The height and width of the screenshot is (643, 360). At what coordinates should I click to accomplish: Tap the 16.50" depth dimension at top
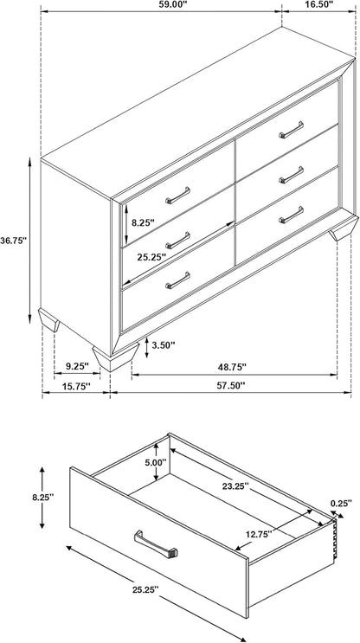point(319,4)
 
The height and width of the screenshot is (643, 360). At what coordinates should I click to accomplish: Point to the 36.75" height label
point(14,241)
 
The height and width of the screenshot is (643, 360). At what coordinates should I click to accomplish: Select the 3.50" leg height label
point(164,345)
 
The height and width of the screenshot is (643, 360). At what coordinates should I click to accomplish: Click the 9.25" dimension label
point(77,366)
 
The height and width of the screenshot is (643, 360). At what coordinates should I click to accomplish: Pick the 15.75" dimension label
point(77,386)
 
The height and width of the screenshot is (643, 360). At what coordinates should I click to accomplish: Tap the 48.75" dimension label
point(232,367)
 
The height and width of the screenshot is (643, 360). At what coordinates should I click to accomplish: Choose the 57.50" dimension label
point(232,386)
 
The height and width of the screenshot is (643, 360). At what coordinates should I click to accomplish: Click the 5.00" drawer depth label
point(155,462)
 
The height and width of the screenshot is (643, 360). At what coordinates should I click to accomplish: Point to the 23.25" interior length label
point(235,486)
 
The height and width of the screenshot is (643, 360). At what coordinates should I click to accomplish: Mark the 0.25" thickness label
point(341,504)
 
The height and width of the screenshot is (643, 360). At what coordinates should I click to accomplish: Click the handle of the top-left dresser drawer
point(178,196)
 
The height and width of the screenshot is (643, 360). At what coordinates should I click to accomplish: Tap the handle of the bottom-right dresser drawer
point(292,215)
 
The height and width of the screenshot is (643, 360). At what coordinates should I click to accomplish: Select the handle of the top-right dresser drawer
point(292,130)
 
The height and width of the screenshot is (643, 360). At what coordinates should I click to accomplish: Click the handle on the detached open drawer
point(156,544)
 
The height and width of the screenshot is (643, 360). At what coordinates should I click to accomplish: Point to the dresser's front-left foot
point(116,357)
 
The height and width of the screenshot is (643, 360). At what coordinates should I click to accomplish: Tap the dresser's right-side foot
point(344,228)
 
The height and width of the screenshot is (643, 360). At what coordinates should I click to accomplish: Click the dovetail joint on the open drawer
point(336,537)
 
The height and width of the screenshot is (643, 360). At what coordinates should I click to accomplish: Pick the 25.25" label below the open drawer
point(145,589)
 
